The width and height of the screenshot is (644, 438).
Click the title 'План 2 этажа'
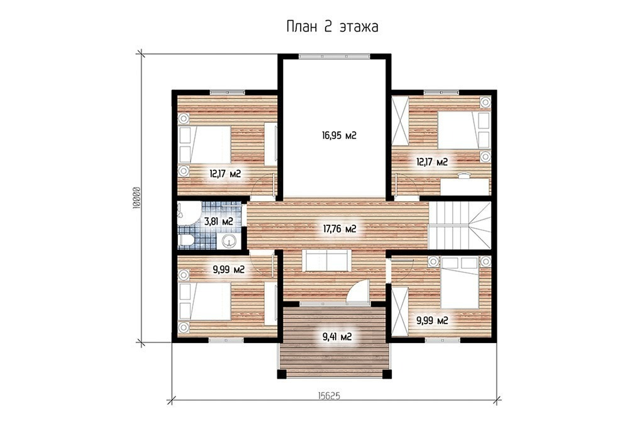[332, 26]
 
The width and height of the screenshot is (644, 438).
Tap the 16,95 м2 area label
[339, 135]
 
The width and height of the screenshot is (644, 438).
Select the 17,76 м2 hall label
[339, 229]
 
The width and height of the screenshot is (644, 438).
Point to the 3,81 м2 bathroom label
[219, 222]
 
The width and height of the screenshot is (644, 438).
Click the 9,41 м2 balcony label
[337, 337]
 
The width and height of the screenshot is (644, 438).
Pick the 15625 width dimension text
[330, 395]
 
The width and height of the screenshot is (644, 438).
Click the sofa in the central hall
[326, 261]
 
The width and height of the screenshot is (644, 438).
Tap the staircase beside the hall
[460, 225]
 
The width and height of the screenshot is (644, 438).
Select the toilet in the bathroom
[186, 241]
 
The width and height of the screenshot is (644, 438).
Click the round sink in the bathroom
[230, 241]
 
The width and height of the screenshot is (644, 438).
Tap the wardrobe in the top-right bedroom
[401, 120]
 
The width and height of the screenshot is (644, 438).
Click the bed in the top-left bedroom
[204, 144]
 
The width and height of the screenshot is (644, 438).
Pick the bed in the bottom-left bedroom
[204, 301]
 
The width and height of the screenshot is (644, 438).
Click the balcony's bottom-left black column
[282, 374]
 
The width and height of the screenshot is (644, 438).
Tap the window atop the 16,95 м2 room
[335, 57]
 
